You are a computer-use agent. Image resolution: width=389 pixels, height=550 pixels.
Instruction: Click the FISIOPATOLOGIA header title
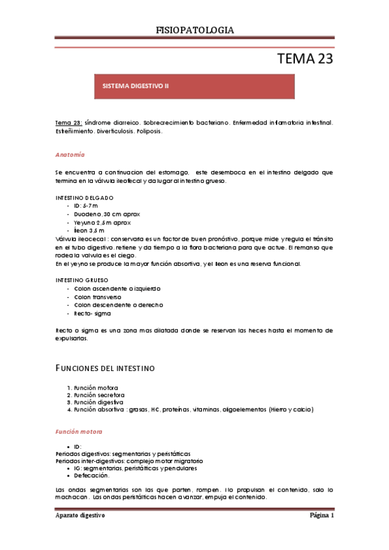coord(195,30)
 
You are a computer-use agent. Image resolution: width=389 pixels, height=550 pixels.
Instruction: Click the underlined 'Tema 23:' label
coord(68,123)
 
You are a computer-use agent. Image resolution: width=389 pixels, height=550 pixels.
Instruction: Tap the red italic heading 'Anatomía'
coord(69,155)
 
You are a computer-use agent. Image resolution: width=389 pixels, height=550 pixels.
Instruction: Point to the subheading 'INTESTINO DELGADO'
coord(84,197)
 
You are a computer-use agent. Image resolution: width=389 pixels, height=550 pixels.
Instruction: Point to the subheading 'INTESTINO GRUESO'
coord(84,280)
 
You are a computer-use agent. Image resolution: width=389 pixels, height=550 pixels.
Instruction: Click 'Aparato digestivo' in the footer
coord(80,515)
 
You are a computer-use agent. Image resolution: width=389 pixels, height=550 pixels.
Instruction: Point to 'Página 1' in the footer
coord(321,515)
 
